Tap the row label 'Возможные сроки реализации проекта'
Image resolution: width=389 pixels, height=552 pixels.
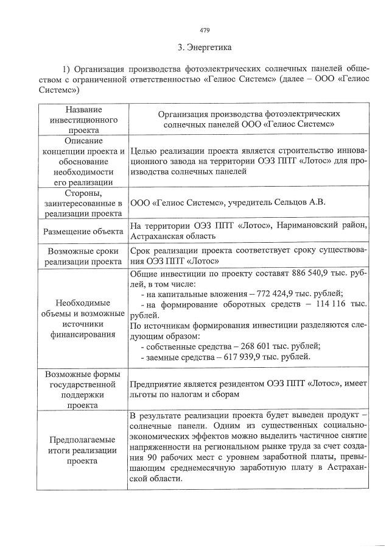click(84, 256)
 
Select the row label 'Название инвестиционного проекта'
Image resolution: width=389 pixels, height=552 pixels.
click(84, 120)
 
